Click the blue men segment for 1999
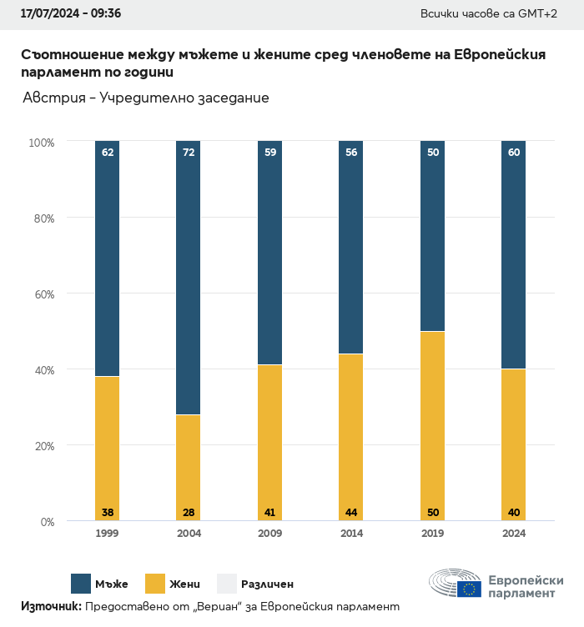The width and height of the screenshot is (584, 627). pyautogui.click(x=107, y=258)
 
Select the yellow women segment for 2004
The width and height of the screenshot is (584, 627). pyautogui.click(x=188, y=467)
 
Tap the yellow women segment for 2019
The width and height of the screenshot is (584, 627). pyautogui.click(x=432, y=425)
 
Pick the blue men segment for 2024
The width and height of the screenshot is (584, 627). pyautogui.click(x=513, y=254)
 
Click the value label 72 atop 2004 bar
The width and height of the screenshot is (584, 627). pyautogui.click(x=189, y=153)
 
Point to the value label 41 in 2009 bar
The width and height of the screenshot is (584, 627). pyautogui.click(x=269, y=512)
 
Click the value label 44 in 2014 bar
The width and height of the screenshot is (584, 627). pyautogui.click(x=351, y=512)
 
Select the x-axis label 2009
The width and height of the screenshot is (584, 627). pyautogui.click(x=269, y=534)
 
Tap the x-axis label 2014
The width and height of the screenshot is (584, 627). pyautogui.click(x=351, y=534)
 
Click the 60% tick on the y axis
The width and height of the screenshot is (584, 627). pyautogui.click(x=43, y=294)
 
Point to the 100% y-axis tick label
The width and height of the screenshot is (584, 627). pyautogui.click(x=41, y=143)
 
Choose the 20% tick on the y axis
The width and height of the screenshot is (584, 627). pyautogui.click(x=43, y=446)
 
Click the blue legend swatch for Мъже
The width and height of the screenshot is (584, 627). pyautogui.click(x=81, y=584)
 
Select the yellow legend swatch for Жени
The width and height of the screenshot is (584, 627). pyautogui.click(x=155, y=584)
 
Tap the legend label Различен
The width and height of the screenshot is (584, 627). pyautogui.click(x=267, y=584)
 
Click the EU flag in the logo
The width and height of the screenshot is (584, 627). pyautogui.click(x=469, y=589)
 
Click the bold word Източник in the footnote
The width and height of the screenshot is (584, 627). pyautogui.click(x=51, y=607)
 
